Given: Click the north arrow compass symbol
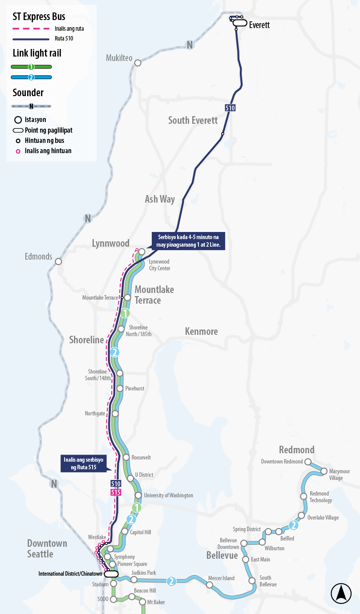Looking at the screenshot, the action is point(341,593).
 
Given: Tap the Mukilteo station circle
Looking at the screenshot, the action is point(138,63).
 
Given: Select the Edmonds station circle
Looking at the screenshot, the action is point(58,261).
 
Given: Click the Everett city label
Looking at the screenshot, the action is point(259,25).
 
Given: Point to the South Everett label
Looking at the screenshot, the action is point(193,120).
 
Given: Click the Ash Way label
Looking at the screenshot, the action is point(160,199).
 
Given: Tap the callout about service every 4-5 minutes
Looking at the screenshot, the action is point(189,241).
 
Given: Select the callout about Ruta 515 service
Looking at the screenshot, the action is point(84,463).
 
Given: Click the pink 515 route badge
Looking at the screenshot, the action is point(116,492).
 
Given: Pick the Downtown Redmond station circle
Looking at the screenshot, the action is point(308,462).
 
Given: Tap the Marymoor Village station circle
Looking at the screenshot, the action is point(324,471).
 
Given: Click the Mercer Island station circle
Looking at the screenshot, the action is point(209,585).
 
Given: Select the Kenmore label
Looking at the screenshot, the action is point(202,331).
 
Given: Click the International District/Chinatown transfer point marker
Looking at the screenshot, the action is point(111,574).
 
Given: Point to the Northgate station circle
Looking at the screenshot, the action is point(115,414).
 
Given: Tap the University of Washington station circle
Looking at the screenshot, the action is point(138,495).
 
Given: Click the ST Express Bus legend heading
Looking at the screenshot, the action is point(39,17).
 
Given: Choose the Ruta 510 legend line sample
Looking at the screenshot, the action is point(31,39).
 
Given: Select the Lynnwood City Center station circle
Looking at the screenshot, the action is point(142,252).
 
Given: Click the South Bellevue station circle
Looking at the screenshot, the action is point(252,581).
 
